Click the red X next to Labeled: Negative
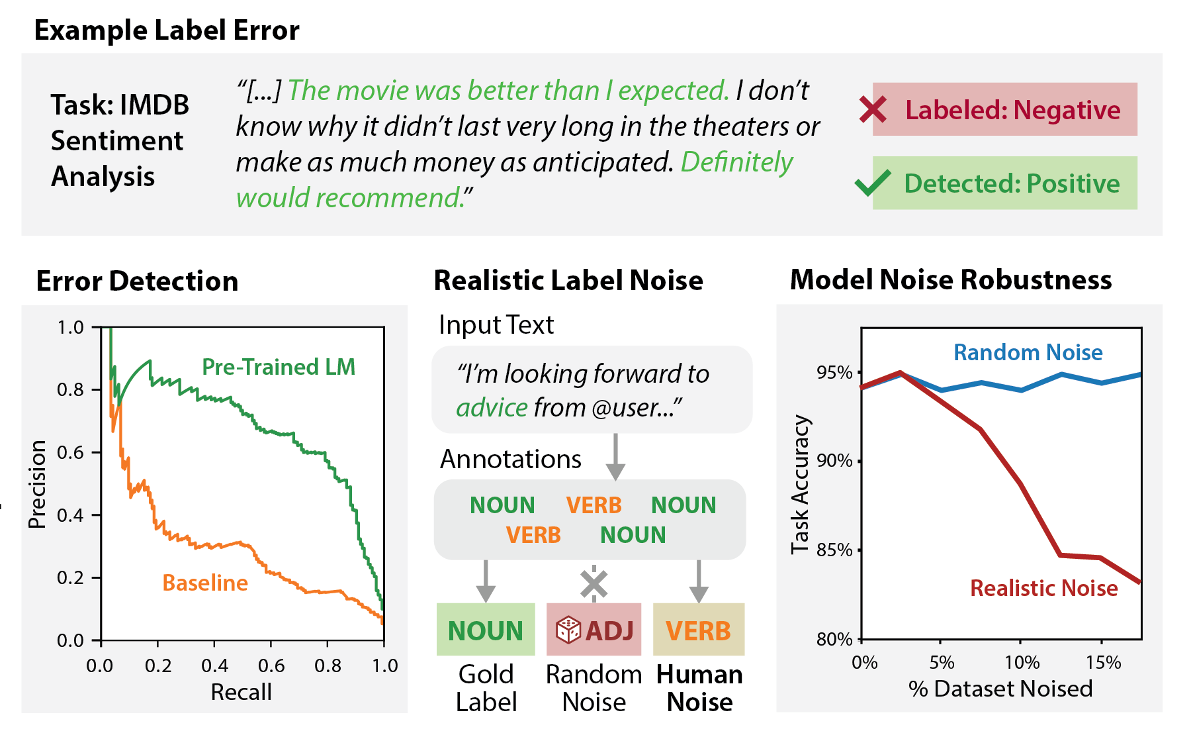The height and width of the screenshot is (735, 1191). (873, 109)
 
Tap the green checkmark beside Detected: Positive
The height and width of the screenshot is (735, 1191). (873, 183)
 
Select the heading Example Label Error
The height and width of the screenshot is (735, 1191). (167, 30)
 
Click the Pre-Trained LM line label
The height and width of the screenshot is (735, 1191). (279, 367)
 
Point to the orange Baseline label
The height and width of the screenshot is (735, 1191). (205, 583)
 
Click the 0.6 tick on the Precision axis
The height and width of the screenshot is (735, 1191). (71, 452)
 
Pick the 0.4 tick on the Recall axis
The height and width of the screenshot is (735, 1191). (214, 665)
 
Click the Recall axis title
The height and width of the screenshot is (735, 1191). (241, 692)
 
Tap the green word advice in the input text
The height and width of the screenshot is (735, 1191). (492, 408)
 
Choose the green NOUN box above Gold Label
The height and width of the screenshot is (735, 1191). (486, 630)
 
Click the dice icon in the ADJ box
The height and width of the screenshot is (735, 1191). (568, 630)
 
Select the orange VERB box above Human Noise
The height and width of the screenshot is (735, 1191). (699, 630)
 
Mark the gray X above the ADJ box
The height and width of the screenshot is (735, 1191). (594, 584)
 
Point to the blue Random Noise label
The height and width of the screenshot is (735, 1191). (1028, 352)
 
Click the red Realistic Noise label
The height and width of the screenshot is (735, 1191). (1043, 588)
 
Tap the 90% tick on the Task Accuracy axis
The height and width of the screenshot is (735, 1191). (835, 461)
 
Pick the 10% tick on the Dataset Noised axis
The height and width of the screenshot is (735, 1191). (1022, 662)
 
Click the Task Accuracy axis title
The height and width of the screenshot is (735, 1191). (801, 484)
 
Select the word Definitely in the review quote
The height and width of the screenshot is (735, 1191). (736, 162)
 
